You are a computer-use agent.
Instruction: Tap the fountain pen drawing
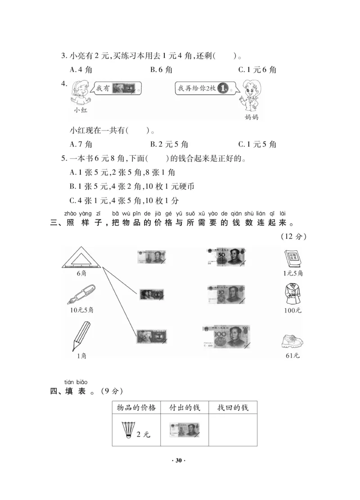click(x=82, y=294)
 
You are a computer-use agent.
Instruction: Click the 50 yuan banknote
click(x=225, y=257)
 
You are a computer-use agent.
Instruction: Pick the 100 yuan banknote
click(x=226, y=337)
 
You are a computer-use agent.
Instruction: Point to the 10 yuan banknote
click(x=225, y=294)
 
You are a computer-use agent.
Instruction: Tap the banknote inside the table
click(x=184, y=429)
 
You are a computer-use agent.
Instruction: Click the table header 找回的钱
click(x=233, y=408)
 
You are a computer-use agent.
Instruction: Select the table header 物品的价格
click(x=136, y=408)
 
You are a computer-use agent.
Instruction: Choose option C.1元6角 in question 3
click(x=257, y=70)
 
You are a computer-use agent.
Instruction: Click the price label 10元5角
click(x=81, y=310)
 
